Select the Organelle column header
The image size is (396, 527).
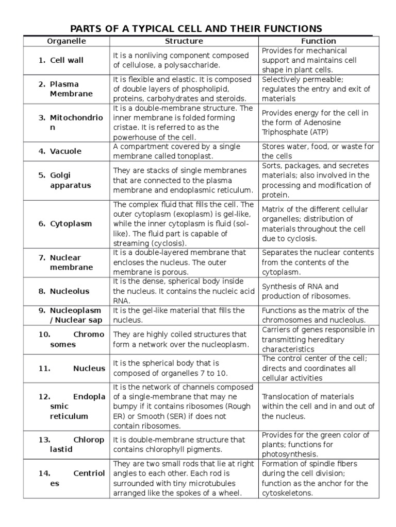(67, 41)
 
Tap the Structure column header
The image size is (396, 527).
(184, 41)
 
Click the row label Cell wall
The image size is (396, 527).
(67, 60)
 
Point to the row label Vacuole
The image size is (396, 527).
(65, 151)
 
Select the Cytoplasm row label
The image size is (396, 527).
(71, 224)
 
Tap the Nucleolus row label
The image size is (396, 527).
(70, 291)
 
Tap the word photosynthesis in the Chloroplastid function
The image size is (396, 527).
(289, 454)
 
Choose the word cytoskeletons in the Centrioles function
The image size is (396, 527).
(288, 493)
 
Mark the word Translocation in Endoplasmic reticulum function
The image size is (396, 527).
(286, 397)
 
